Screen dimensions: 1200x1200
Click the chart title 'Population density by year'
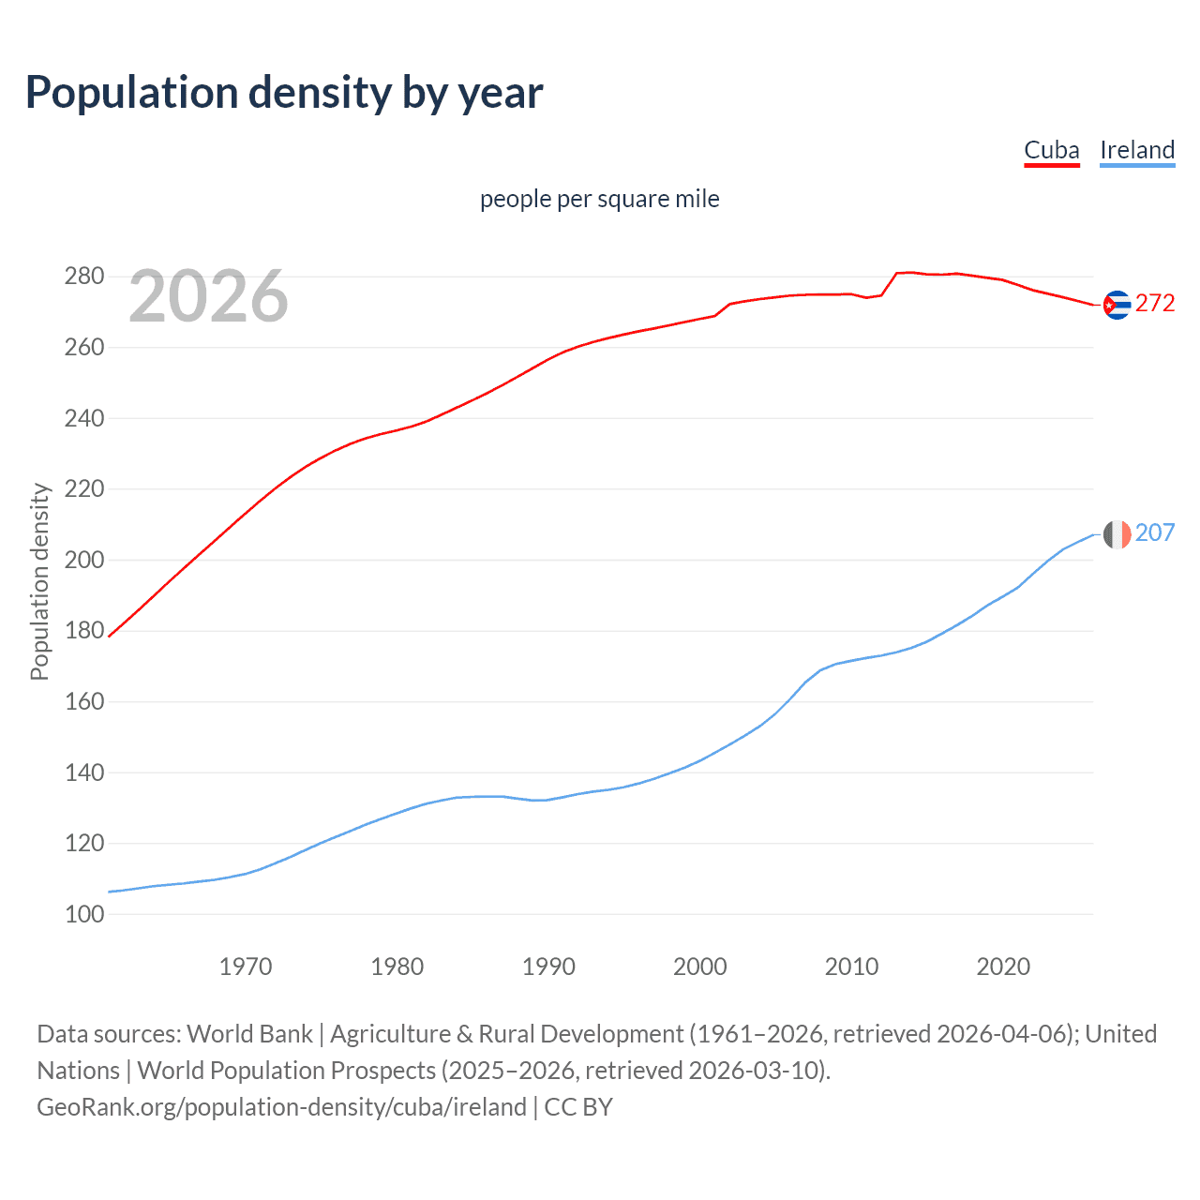(x=284, y=93)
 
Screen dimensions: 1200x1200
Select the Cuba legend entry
(x=1051, y=150)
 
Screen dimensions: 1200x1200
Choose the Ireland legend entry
(x=1136, y=150)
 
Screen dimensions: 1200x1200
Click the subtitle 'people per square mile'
(x=599, y=200)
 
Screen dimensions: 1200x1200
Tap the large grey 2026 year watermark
(x=208, y=296)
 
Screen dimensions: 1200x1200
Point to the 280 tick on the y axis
(x=84, y=277)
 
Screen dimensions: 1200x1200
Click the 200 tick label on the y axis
(x=84, y=560)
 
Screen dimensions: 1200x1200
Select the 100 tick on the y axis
(x=84, y=914)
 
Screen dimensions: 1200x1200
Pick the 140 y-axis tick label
(x=84, y=772)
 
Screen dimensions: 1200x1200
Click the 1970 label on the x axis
(x=246, y=967)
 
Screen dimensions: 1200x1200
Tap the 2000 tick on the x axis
(x=700, y=967)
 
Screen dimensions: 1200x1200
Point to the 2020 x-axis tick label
(x=1003, y=967)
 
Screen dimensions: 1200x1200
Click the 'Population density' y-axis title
(x=39, y=581)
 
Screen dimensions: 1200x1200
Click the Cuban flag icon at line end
(x=1117, y=305)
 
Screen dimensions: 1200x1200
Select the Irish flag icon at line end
(x=1117, y=534)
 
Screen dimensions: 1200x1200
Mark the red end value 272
(x=1155, y=303)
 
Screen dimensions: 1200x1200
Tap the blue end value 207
(x=1155, y=532)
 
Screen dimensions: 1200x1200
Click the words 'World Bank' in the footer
(x=249, y=1034)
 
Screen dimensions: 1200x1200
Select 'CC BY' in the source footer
(x=578, y=1107)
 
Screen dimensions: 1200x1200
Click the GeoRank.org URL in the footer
(x=281, y=1107)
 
